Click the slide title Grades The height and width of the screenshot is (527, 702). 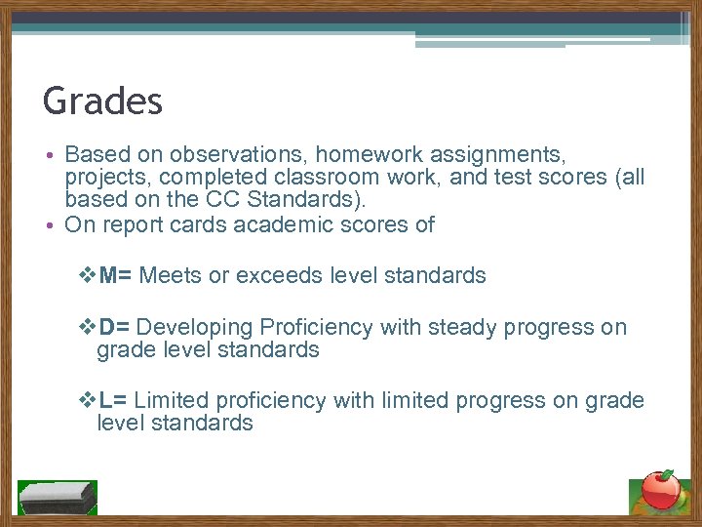click(x=102, y=101)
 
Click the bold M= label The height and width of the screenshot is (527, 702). click(x=116, y=275)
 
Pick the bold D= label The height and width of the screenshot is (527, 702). click(x=114, y=327)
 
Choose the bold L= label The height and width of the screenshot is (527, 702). click(x=113, y=400)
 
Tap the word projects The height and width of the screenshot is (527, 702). click(x=107, y=178)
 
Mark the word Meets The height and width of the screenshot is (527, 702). click(x=171, y=275)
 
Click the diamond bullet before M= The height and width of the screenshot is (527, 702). click(x=86, y=275)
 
